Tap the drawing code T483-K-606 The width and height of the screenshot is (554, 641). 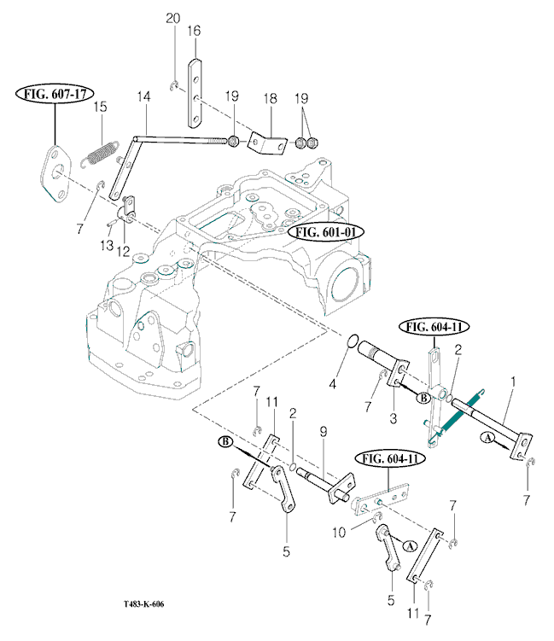143,604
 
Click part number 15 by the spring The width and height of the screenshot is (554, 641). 100,107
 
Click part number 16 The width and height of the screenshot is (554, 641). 195,31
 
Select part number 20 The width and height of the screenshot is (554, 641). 173,18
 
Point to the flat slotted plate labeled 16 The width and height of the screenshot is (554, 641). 195,90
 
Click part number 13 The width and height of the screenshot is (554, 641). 108,245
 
